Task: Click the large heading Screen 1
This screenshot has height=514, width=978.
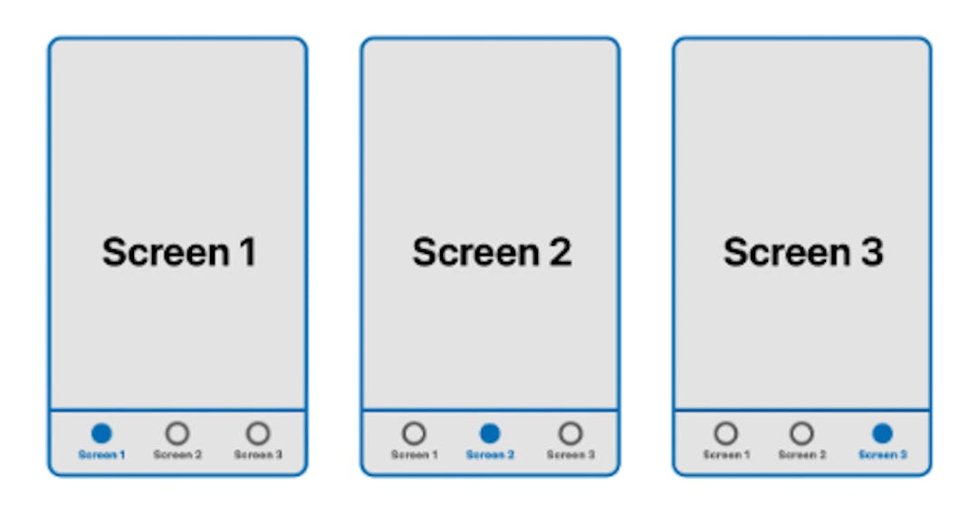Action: point(178,252)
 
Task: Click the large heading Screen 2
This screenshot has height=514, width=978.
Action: point(492,252)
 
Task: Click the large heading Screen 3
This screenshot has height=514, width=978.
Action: point(802,252)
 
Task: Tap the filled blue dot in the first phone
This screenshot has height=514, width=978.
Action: point(101,433)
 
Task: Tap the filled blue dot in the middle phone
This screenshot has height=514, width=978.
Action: point(490,433)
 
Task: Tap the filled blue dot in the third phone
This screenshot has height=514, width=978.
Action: point(882,433)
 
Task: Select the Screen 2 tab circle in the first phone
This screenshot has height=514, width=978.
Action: point(177,433)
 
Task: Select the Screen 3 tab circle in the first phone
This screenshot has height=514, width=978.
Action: point(258,433)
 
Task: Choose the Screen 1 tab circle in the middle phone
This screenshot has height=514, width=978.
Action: point(414,433)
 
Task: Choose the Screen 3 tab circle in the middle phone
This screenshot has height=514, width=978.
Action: point(570,433)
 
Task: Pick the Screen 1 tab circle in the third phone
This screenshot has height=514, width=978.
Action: point(725,433)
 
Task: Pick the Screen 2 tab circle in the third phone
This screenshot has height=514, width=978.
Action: point(801,433)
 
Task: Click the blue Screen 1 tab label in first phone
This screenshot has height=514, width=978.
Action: point(101,454)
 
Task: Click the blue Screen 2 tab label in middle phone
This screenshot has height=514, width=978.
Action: point(490,454)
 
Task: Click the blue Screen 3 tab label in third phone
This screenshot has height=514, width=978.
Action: point(882,454)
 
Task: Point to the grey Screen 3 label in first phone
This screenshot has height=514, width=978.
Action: point(258,454)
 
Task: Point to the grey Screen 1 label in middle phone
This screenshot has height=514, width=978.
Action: point(414,454)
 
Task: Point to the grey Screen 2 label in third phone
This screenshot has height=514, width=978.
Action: point(801,454)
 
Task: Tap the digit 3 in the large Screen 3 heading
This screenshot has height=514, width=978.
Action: point(871,252)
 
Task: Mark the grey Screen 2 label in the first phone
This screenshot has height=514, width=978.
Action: point(177,454)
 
